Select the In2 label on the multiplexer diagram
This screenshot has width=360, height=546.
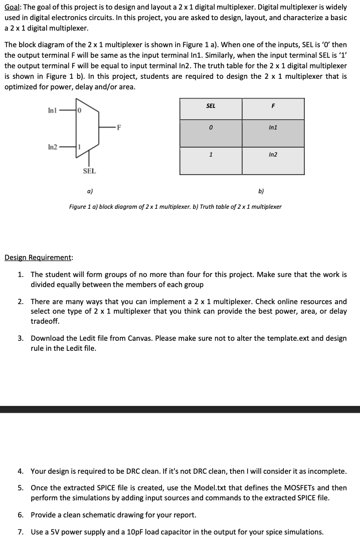point(53,147)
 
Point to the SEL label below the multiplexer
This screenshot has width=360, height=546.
point(89,171)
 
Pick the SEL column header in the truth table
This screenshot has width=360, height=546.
point(211,106)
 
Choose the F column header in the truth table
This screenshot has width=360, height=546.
point(273,106)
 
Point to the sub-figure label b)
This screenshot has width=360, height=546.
point(261,191)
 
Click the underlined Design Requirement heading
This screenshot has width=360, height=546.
point(38,258)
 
